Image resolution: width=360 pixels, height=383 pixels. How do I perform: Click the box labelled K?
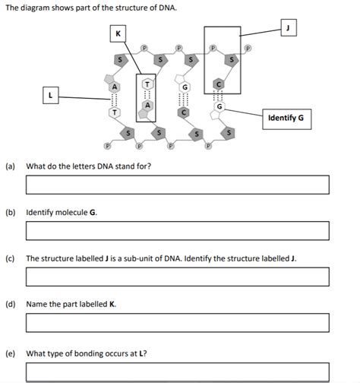click(118, 33)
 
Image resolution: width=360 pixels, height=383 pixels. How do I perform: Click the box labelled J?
click(288, 27)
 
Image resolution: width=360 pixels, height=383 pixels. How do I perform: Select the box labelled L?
click(50, 97)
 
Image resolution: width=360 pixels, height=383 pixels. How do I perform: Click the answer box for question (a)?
click(178, 185)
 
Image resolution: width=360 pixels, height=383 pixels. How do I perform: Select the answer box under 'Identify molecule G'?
click(178, 230)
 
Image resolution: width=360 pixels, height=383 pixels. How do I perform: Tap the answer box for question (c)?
click(178, 277)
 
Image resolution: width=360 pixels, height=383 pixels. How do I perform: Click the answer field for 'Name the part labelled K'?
click(178, 323)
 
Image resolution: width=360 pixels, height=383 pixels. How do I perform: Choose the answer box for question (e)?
click(178, 372)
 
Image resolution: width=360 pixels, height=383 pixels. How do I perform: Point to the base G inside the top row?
click(184, 88)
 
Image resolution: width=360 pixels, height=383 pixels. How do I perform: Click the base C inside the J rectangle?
click(219, 83)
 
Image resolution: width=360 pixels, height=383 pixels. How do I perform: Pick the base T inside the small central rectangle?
click(147, 85)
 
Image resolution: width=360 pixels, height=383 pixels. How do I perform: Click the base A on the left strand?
click(115, 87)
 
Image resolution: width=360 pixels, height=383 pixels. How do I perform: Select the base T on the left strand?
click(115, 112)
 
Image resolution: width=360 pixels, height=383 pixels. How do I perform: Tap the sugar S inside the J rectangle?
click(232, 59)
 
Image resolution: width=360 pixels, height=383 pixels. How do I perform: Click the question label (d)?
click(11, 304)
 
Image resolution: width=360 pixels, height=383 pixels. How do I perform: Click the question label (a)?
click(11, 165)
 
